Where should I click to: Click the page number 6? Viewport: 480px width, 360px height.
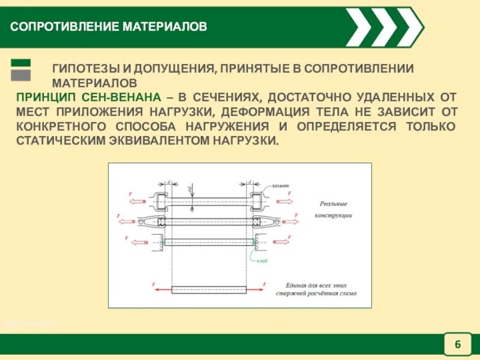coord(458,344)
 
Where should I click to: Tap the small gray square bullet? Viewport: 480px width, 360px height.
coord(21,75)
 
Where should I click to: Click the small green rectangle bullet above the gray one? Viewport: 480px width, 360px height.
coord(21,62)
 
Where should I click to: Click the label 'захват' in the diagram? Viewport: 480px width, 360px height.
coord(280,185)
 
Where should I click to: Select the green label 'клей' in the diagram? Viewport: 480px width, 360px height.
coord(262,260)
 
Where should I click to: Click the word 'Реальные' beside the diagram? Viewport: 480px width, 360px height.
coord(334,204)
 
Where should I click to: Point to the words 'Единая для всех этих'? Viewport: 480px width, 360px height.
coord(316,285)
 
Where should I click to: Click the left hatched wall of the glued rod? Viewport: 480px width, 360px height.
coord(160,242)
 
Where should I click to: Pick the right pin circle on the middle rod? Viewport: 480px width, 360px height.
coord(274,221)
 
